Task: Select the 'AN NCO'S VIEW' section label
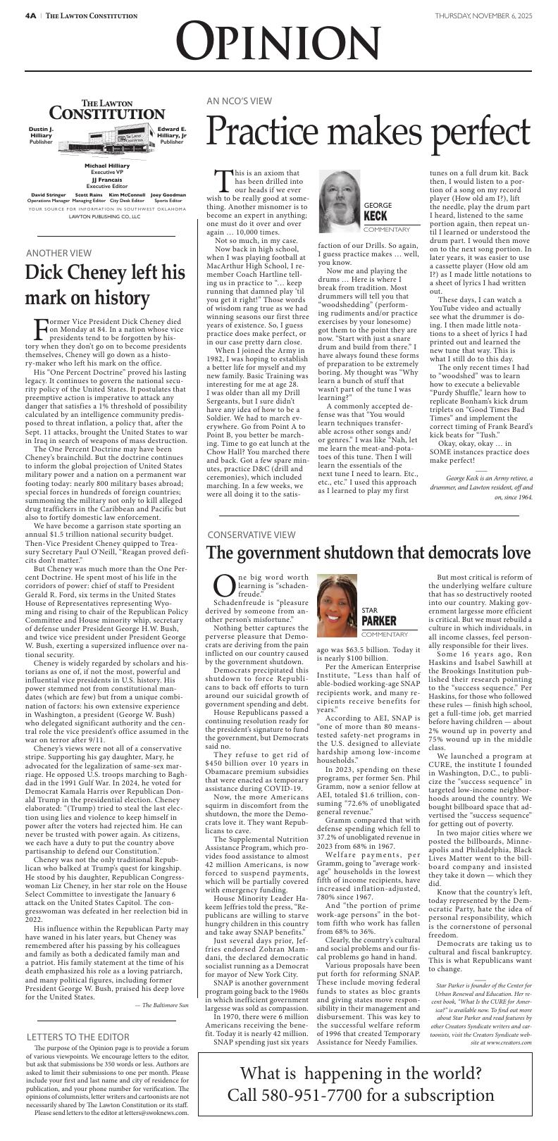(x=239, y=101)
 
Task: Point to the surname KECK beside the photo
(x=377, y=216)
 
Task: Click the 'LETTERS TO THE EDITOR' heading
(x=77, y=1037)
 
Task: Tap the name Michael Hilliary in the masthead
(x=107, y=166)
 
